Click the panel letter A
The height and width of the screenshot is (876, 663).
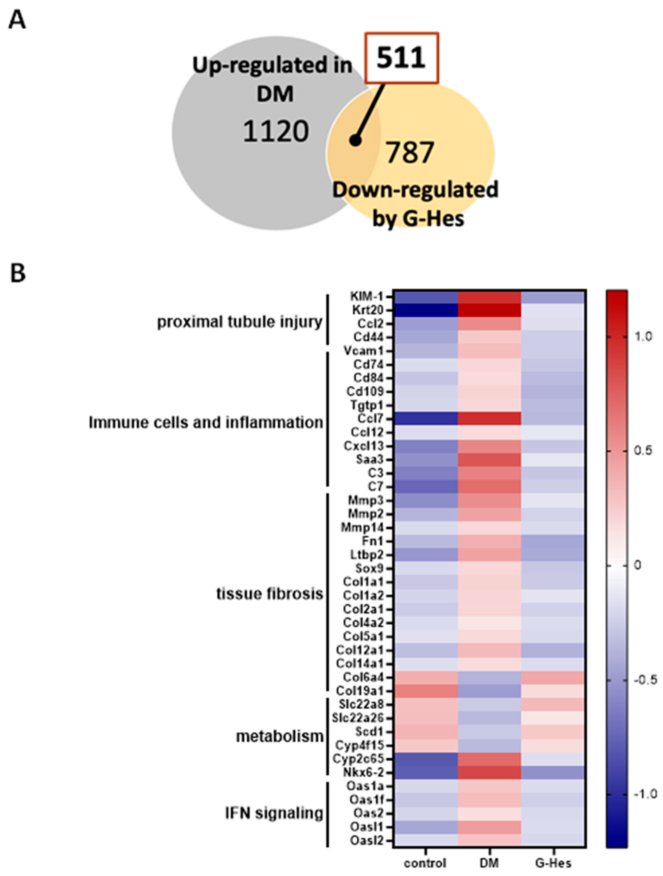pos(17,20)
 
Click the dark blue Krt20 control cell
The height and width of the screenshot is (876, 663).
pos(426,310)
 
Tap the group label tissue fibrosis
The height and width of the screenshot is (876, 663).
pos(270,594)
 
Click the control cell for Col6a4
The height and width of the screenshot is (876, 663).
pos(426,677)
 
